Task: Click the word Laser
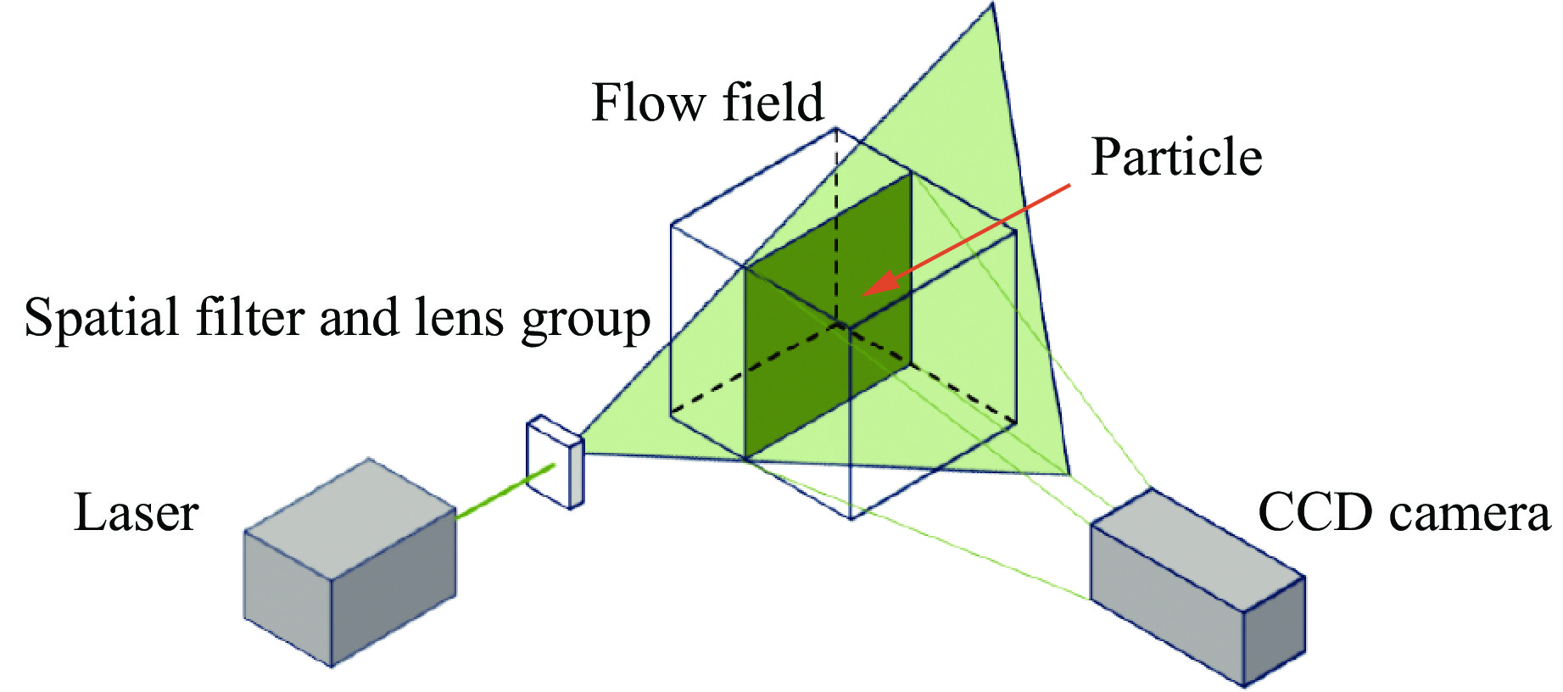(x=136, y=514)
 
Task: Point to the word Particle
(x=1176, y=158)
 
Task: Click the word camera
(x=1463, y=514)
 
